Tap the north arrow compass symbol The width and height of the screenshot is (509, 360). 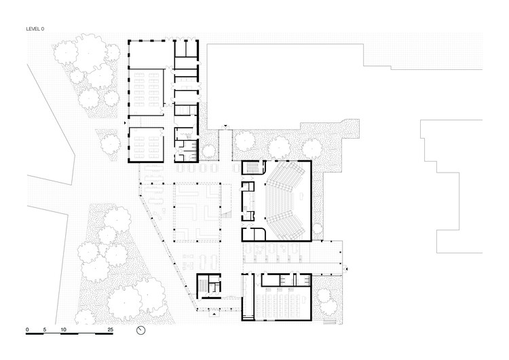coord(141,330)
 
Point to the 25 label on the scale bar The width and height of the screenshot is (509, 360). coord(110,329)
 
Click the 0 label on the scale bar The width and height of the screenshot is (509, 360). coord(28,329)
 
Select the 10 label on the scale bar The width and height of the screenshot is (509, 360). coord(63,329)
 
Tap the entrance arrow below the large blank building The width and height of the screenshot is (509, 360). coord(225,126)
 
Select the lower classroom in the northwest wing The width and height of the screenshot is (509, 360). coord(146,145)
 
